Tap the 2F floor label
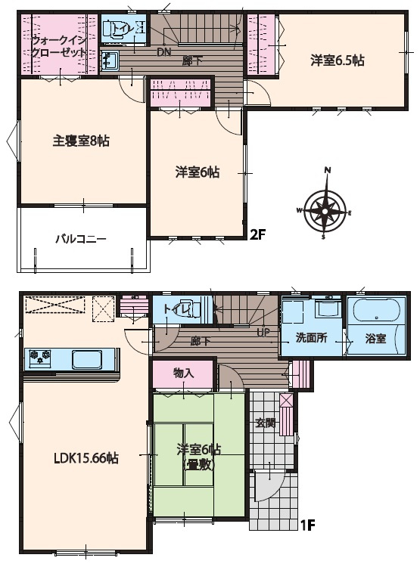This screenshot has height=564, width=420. [x=259, y=234]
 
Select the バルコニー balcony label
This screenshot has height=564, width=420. [x=80, y=239]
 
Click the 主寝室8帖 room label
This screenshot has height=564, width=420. [x=80, y=141]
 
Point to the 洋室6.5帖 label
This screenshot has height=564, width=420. [x=338, y=60]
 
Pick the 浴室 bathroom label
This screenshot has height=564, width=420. [x=375, y=338]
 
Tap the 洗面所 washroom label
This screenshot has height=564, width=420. [x=310, y=338]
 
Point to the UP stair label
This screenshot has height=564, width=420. [x=263, y=332]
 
